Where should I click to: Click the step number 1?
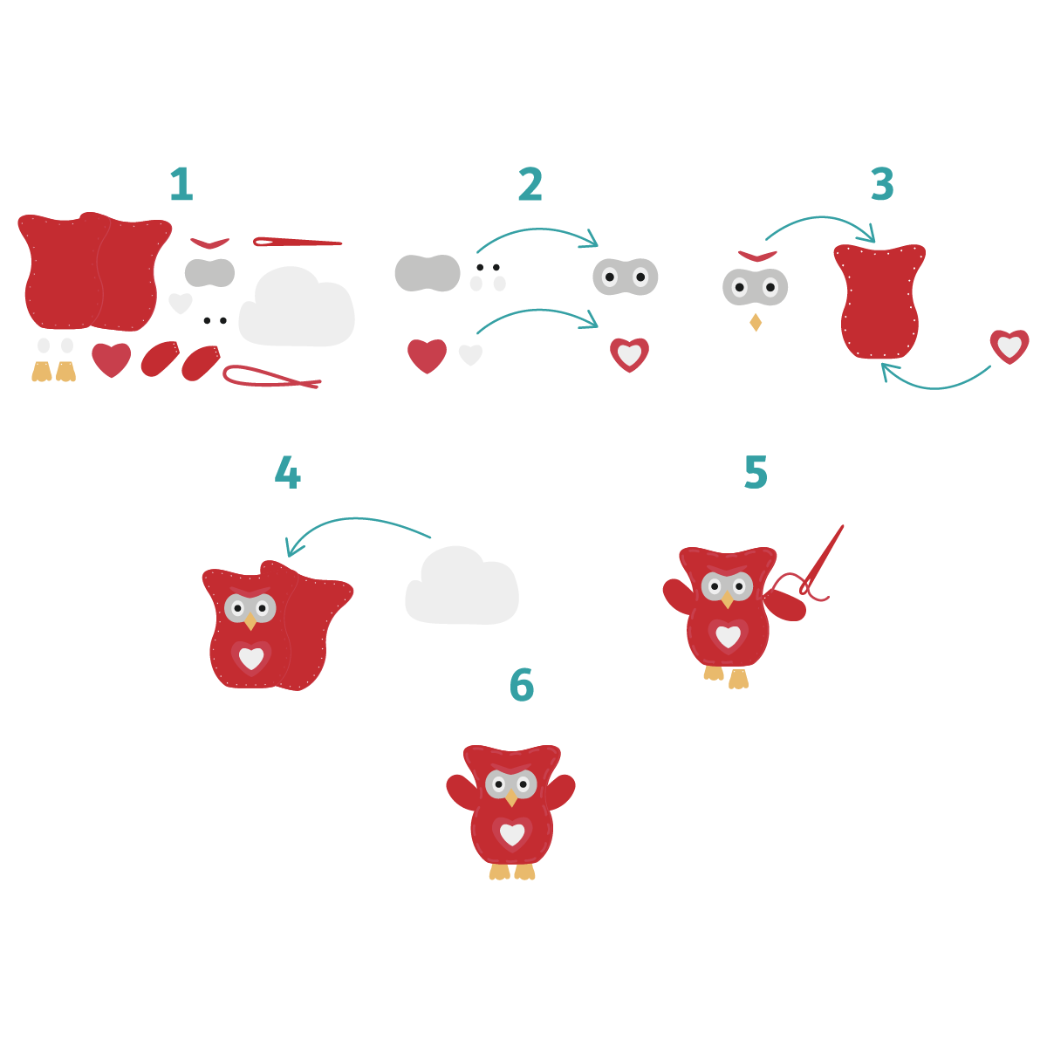coord(181,185)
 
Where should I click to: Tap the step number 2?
coord(530,185)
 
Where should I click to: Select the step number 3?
coord(882,185)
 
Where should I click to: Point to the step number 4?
coord(287,474)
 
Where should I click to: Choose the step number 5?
coord(756,473)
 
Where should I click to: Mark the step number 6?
coord(522,686)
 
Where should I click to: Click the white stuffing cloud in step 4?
coord(462,589)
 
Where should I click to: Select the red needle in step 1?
coord(297,242)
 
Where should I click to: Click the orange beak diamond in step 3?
coord(756,323)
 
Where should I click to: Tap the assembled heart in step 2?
coord(629,354)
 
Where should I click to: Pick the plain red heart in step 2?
coord(427,355)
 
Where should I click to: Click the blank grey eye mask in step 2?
coord(428,273)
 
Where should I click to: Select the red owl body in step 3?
coord(879,301)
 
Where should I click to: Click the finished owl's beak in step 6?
coord(511,798)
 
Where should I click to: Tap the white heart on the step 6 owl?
coord(512,834)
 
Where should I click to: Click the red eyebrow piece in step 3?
coord(757,256)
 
